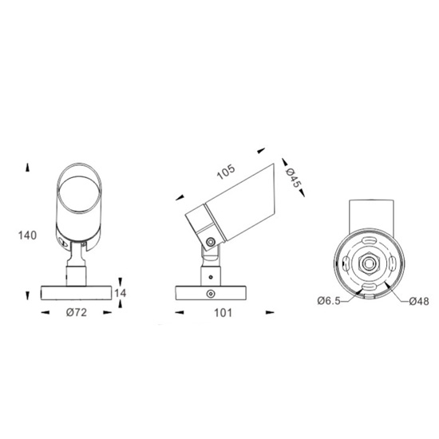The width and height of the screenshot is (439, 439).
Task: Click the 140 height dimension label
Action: tap(27, 235)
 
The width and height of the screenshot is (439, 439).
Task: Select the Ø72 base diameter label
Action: tap(77, 312)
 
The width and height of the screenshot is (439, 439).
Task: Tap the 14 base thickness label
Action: tap(121, 293)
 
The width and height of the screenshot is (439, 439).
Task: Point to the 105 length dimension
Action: tap(226, 172)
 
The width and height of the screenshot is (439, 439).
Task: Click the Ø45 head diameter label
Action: tap(293, 178)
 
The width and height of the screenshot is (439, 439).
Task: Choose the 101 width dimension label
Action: tap(223, 313)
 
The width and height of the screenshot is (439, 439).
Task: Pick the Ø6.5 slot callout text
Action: tap(329, 301)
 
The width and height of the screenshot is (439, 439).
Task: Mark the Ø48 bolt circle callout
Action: tap(419, 301)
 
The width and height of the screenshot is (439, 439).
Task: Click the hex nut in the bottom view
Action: tap(369, 263)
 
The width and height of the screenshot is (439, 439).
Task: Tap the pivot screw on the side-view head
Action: tap(211, 242)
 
